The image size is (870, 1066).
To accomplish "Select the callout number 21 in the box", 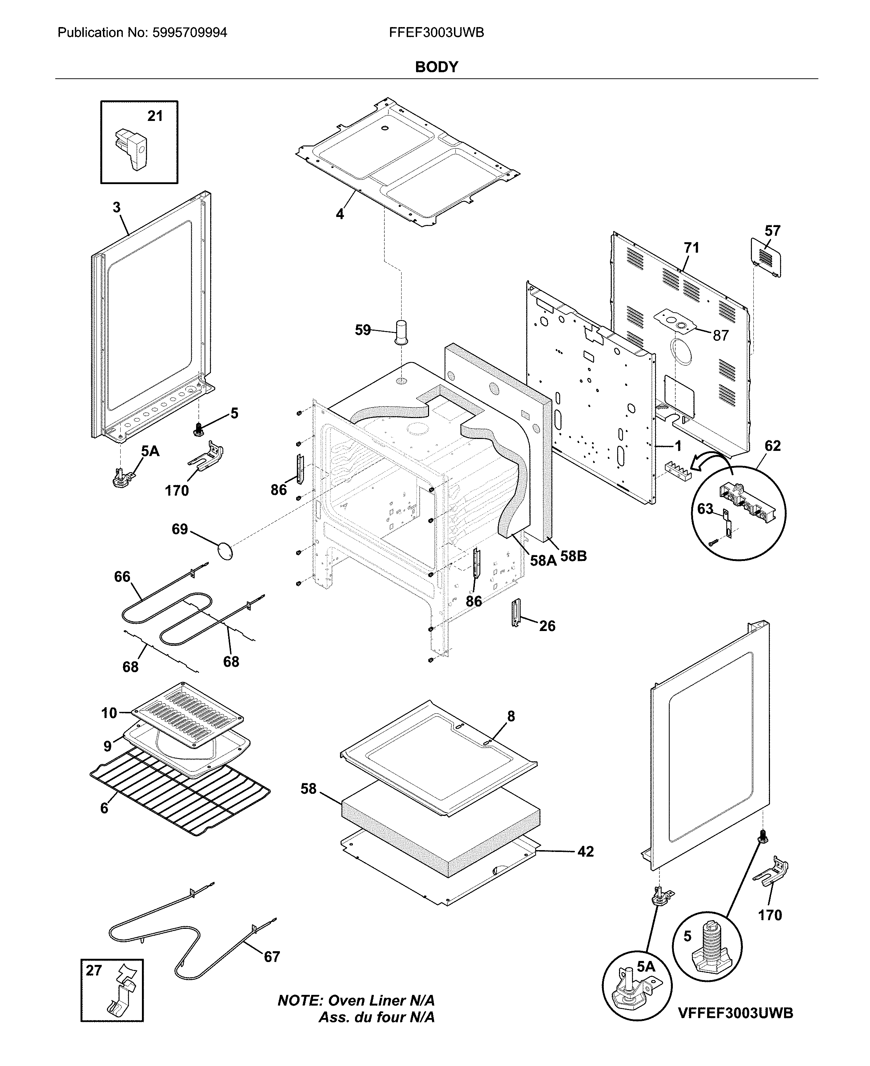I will pyautogui.click(x=155, y=116).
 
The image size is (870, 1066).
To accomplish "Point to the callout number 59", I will pyautogui.click(x=363, y=330).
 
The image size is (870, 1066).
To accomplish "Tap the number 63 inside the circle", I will pyautogui.click(x=705, y=509).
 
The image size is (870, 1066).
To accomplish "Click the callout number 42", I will pyautogui.click(x=585, y=852).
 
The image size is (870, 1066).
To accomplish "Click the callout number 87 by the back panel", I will pyautogui.click(x=720, y=336).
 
